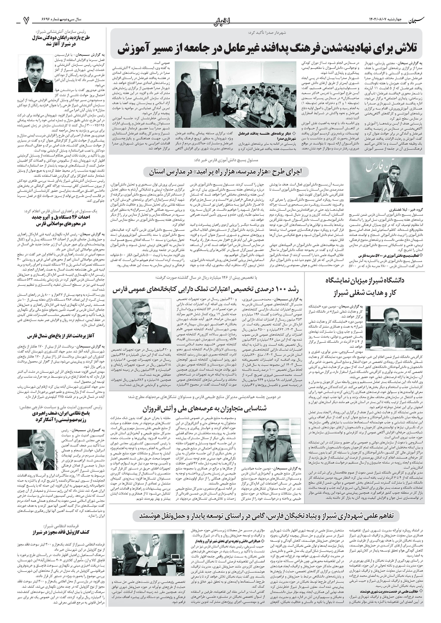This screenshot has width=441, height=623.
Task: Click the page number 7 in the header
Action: click(26, 20)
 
